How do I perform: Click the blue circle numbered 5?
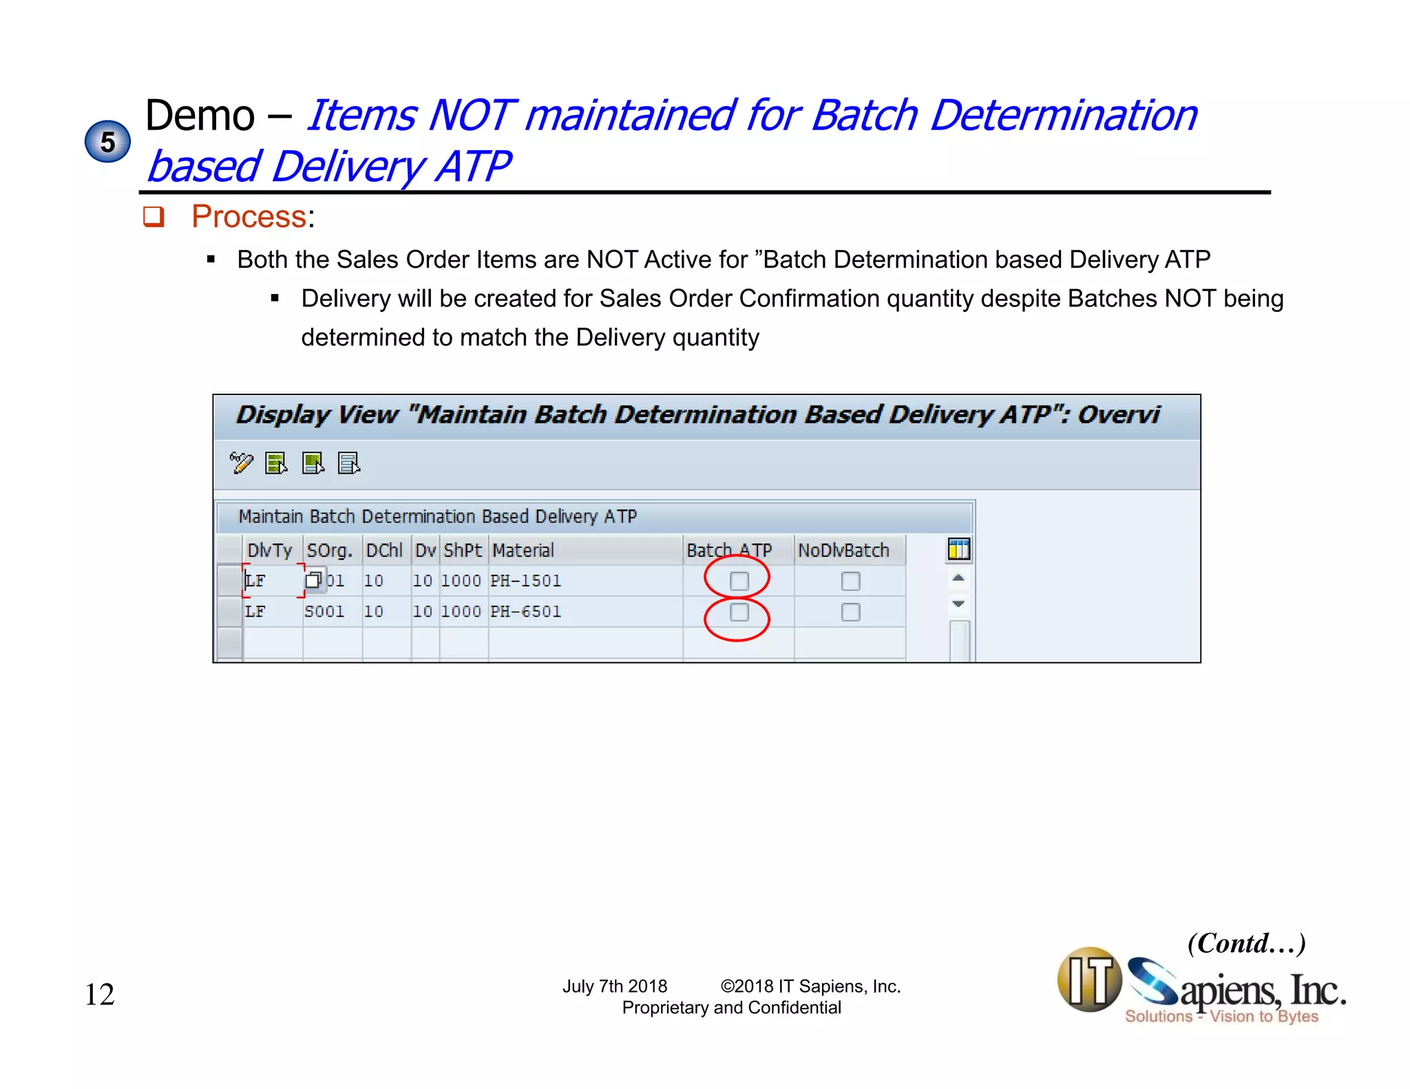pos(107,142)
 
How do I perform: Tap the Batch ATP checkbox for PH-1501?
pos(739,581)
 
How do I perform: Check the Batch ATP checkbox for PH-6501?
pos(739,612)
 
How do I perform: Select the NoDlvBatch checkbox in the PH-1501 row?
pos(850,581)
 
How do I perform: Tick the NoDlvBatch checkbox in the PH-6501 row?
pos(850,612)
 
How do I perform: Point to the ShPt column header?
pos(463,550)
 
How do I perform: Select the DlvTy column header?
pos(270,550)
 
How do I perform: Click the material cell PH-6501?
pos(526,611)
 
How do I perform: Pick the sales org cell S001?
pos(324,611)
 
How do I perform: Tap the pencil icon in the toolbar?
pos(241,463)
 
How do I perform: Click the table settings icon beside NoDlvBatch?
pos(958,549)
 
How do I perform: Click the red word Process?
pos(249,216)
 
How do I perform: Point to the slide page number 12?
pos(100,995)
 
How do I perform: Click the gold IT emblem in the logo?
pos(1089,979)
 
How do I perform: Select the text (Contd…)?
pos(1246,943)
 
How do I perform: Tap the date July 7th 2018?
pos(615,986)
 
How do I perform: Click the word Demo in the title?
pos(200,115)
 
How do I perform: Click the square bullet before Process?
pos(153,217)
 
